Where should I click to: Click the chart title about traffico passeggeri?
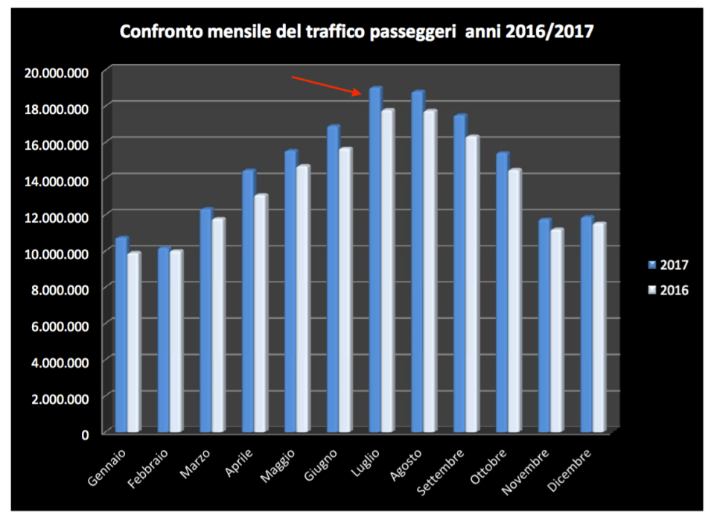pos(357,32)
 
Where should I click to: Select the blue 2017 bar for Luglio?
pos(374,261)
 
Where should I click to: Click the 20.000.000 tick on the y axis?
pos(57,72)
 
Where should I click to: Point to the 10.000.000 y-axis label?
pos(57,253)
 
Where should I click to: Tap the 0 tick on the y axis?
pos(86,434)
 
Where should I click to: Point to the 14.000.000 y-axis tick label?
pos(57,181)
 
